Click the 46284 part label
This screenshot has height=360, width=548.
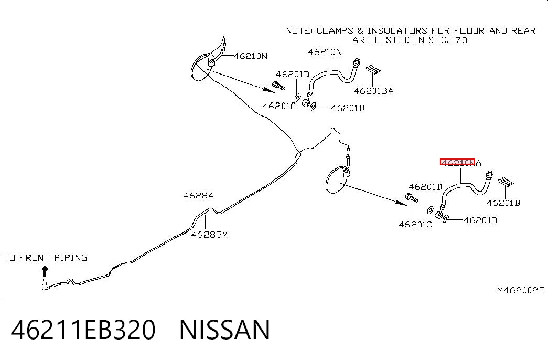click(x=199, y=196)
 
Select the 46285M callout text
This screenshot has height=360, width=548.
click(x=209, y=235)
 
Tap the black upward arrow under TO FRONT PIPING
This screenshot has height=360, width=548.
click(x=45, y=271)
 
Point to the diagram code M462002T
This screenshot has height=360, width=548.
click(x=520, y=290)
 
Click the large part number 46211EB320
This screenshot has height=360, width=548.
click(x=83, y=330)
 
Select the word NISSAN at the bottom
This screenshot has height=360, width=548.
click(x=224, y=330)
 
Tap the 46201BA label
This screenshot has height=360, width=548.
click(x=373, y=91)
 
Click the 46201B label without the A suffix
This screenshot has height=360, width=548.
click(x=503, y=203)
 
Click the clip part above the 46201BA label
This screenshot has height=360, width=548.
click(x=372, y=69)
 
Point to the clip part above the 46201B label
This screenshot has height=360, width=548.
click(x=506, y=181)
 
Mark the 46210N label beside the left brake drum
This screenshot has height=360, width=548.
click(x=250, y=56)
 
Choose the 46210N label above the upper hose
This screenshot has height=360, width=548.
click(x=325, y=52)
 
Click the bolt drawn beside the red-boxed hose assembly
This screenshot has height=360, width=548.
click(x=411, y=198)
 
